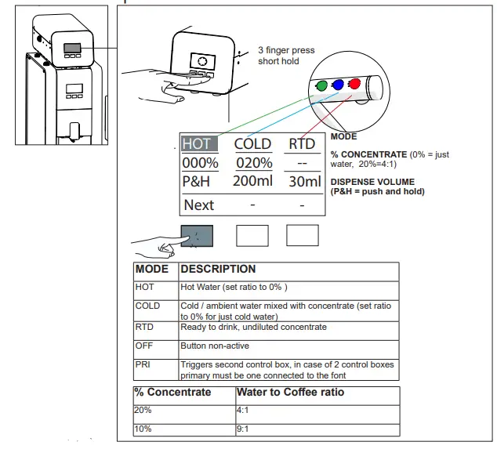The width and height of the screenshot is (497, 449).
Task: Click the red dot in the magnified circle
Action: coord(355,83)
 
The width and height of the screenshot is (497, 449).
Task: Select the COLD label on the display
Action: coord(252,143)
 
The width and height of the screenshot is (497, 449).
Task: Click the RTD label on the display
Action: coord(302,143)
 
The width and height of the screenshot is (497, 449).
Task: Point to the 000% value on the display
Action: coord(200,163)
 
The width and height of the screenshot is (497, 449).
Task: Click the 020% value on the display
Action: coord(252,163)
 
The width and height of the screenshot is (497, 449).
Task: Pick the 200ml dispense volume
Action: coord(252,182)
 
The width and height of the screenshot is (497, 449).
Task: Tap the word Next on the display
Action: coord(198,205)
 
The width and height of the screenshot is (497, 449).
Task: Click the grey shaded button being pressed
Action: coord(196,235)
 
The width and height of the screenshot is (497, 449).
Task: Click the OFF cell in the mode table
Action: coord(144,345)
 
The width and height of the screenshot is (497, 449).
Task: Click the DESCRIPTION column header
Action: coord(218,269)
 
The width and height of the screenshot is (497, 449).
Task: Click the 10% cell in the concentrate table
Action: coord(143,429)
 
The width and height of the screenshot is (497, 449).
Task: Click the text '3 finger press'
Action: coord(286,50)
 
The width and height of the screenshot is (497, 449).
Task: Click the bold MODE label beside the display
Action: coord(343,137)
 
